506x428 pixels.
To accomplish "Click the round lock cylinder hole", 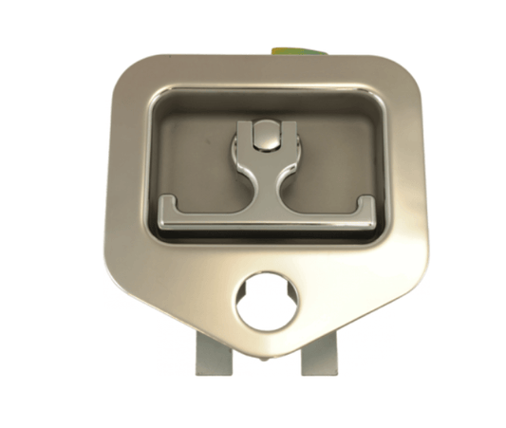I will point(266,303).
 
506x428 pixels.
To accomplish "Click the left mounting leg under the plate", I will point(213,357).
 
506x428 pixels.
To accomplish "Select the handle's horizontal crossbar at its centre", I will point(266,214).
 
